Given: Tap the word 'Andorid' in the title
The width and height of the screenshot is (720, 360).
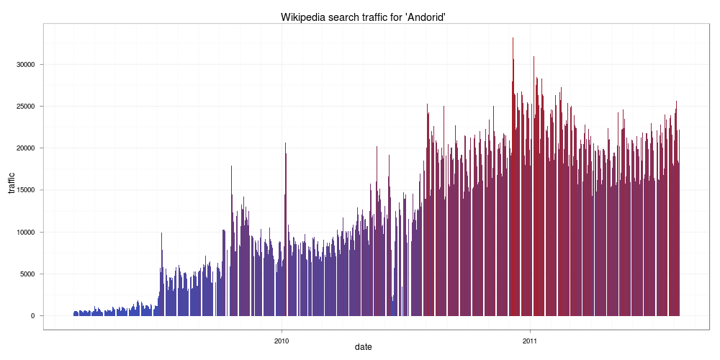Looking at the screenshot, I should [423, 17].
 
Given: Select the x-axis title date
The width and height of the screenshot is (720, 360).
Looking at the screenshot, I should [364, 347].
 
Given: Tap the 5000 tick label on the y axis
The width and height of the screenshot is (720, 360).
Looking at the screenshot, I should [27, 274].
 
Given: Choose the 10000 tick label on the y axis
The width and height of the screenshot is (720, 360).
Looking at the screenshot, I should [25, 233].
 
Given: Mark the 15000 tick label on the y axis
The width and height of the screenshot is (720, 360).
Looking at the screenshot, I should [25, 190].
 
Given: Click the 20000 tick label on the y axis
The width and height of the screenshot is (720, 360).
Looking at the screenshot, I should [25, 148].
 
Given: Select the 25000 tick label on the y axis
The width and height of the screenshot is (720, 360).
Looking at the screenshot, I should [25, 107].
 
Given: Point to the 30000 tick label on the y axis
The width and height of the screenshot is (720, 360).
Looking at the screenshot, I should [25, 65].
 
